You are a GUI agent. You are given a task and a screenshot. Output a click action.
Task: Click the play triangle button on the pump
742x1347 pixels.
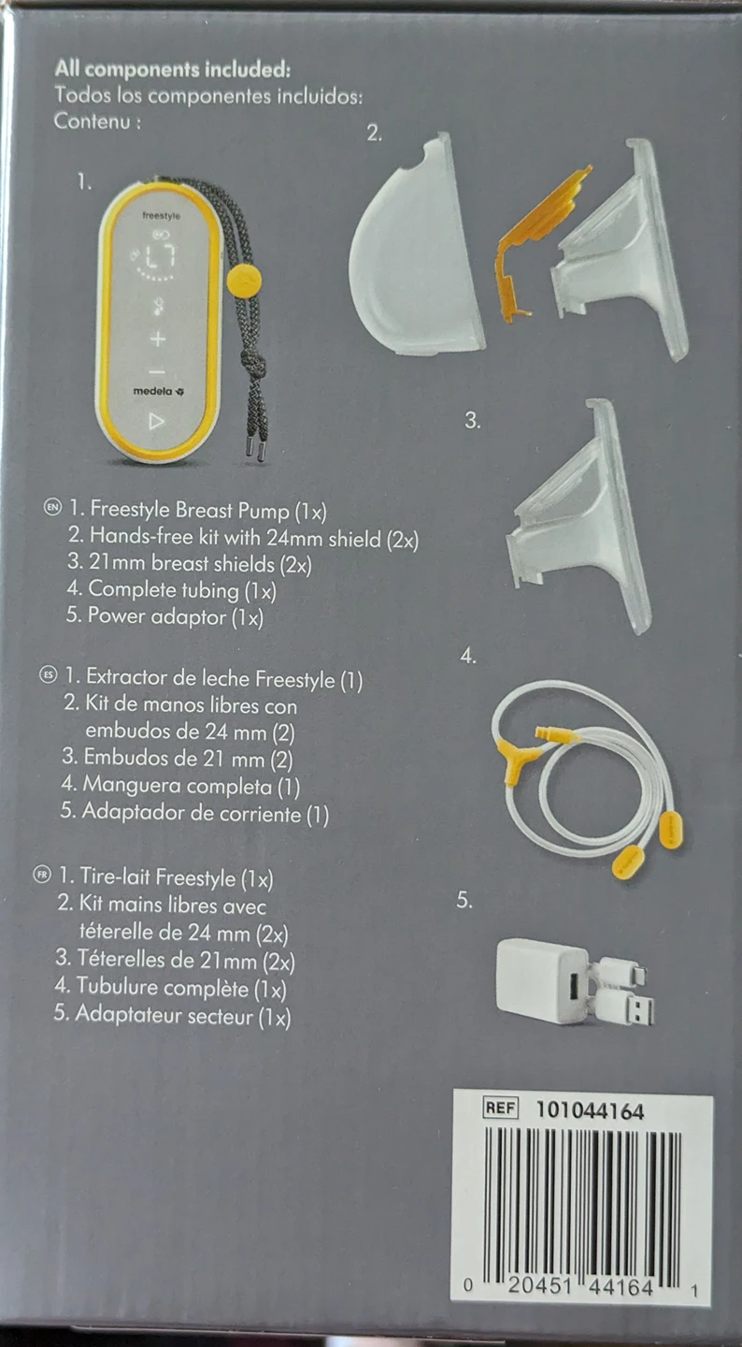(x=156, y=421)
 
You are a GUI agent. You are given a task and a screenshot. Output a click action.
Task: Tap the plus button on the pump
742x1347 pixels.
(x=157, y=340)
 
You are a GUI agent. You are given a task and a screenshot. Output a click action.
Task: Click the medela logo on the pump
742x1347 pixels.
(x=159, y=391)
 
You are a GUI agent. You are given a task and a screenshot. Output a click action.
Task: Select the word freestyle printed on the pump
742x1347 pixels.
(x=161, y=215)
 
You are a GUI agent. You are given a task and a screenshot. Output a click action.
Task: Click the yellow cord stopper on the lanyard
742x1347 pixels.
(x=243, y=280)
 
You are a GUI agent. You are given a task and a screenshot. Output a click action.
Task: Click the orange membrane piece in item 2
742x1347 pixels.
(x=536, y=241)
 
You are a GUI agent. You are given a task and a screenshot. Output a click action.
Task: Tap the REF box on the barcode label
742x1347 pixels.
(x=501, y=1108)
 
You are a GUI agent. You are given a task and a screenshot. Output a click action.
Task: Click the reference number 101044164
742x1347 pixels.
(x=590, y=1110)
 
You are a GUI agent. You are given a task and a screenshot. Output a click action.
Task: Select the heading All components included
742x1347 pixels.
(x=173, y=70)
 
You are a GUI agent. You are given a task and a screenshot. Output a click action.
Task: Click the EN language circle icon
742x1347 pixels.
(x=53, y=508)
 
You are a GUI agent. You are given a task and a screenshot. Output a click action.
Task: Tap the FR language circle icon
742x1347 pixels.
(x=42, y=875)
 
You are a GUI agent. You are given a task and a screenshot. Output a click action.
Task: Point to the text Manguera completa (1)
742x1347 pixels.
(x=191, y=786)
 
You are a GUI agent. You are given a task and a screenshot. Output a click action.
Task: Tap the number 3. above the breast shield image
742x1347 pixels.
(x=473, y=420)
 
